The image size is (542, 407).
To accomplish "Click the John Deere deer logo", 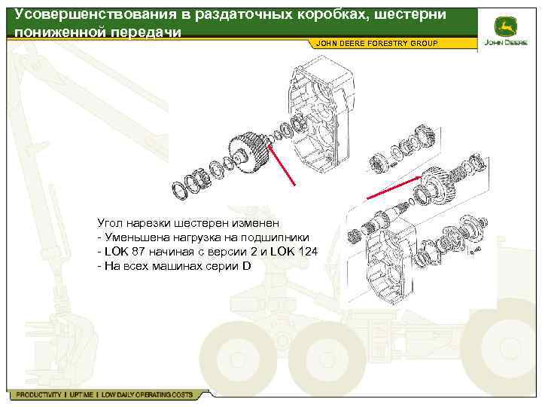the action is click(x=505, y=26).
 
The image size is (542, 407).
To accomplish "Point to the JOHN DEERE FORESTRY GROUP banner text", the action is click(x=377, y=43).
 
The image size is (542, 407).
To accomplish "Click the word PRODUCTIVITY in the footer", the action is click(x=38, y=394).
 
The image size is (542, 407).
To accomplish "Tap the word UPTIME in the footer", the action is click(x=81, y=394).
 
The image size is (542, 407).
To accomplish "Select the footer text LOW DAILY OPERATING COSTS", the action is click(x=147, y=394).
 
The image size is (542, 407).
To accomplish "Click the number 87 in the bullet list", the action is click(x=139, y=252).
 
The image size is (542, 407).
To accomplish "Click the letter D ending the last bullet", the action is click(x=246, y=266).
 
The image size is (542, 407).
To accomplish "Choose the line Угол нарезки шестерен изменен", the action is click(x=188, y=223).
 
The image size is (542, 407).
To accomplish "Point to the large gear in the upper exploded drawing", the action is click(x=249, y=152).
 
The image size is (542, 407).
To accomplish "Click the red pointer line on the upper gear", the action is click(x=281, y=165).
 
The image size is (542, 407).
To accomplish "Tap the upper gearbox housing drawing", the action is click(x=320, y=115).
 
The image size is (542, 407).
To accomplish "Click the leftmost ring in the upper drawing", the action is click(x=180, y=191).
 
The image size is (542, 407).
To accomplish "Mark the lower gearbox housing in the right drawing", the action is click(x=390, y=263).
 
